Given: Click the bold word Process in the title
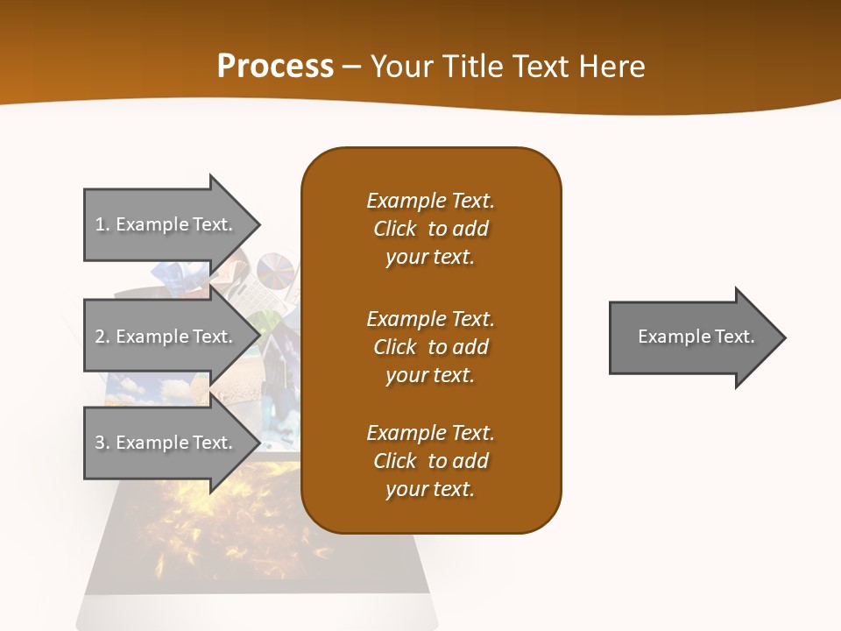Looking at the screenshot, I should (275, 66).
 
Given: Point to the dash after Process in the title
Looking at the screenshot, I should (351, 67).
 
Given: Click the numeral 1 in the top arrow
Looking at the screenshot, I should (100, 224).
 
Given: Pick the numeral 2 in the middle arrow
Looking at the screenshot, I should (100, 337).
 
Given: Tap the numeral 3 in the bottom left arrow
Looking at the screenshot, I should (100, 443).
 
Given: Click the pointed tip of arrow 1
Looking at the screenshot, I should (258, 224).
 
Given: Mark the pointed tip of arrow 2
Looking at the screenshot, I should (258, 337).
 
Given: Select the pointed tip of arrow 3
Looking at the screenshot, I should (258, 443).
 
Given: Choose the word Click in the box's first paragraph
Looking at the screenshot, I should (395, 229).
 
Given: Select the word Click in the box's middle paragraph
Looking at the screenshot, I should (395, 347).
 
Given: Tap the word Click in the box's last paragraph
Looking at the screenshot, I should (395, 461).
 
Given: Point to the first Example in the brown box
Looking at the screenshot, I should (406, 201).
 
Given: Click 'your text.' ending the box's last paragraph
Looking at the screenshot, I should (429, 489).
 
